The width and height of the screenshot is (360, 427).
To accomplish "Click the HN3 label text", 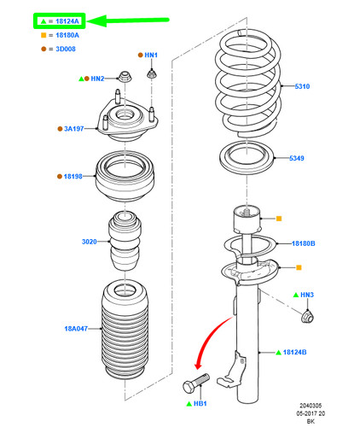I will pyautogui.click(x=308, y=295).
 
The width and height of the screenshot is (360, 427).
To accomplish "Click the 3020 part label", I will pyautogui.click(x=89, y=243).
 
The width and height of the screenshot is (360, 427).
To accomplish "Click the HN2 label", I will pyautogui.click(x=97, y=79).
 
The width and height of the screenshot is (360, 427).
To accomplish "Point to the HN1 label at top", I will pyautogui.click(x=151, y=56).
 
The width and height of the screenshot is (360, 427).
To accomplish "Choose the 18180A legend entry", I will pyautogui.click(x=60, y=35).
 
